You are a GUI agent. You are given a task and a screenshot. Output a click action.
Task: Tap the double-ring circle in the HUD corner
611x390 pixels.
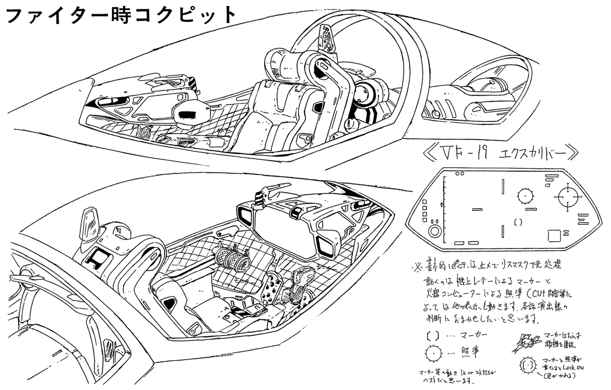click(x=434, y=231)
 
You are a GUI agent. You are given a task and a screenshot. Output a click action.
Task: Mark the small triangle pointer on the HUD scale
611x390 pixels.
click(x=442, y=205)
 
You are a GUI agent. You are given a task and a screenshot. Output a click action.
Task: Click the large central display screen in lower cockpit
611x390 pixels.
click(x=284, y=229)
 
